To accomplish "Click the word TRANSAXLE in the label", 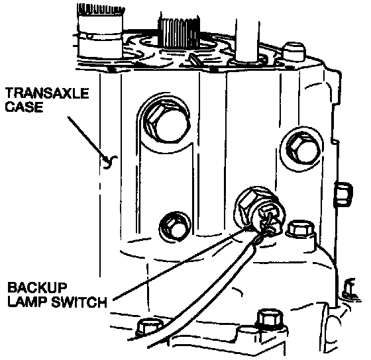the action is [47, 93].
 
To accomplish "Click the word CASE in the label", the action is [24, 107].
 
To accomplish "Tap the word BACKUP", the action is [37, 288].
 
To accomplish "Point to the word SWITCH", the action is [79, 302].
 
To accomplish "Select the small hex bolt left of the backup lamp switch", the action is [175, 226].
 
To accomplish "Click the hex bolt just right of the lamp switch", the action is [301, 229].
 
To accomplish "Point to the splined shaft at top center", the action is [179, 32].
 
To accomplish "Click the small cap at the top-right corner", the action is [294, 52].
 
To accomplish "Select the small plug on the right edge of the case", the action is [343, 194].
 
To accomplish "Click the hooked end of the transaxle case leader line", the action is [110, 161].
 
